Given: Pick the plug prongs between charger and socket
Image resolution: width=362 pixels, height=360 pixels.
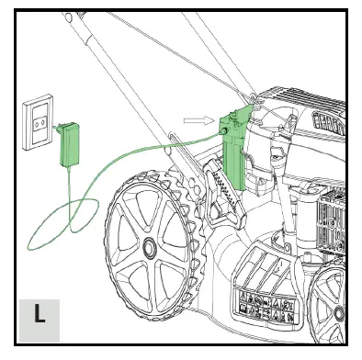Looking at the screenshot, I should coord(57,129).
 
